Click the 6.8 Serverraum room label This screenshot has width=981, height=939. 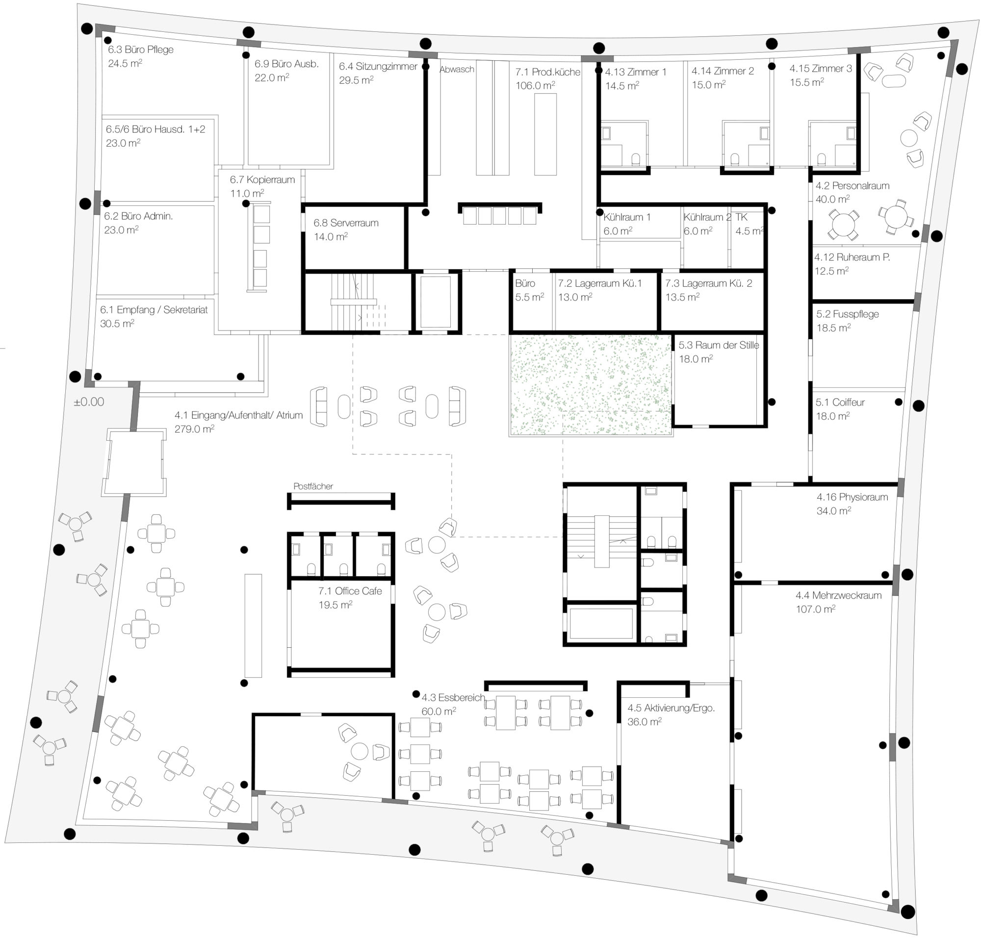(346, 223)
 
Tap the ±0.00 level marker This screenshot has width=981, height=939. (89, 402)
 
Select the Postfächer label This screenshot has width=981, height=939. (313, 486)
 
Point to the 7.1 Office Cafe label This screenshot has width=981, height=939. (350, 591)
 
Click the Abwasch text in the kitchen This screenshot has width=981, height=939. (457, 70)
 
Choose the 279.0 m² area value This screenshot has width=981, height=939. (194, 429)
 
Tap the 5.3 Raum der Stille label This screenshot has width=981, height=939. (719, 345)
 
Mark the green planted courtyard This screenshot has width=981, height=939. (591, 385)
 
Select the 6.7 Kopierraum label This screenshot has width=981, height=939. (262, 179)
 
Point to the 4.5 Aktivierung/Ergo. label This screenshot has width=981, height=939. (671, 708)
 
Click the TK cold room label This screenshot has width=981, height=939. (741, 217)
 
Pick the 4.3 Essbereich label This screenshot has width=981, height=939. (453, 697)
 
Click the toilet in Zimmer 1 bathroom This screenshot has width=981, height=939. (636, 159)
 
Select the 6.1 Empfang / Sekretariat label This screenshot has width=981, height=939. (154, 310)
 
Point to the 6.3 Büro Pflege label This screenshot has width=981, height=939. (141, 50)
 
